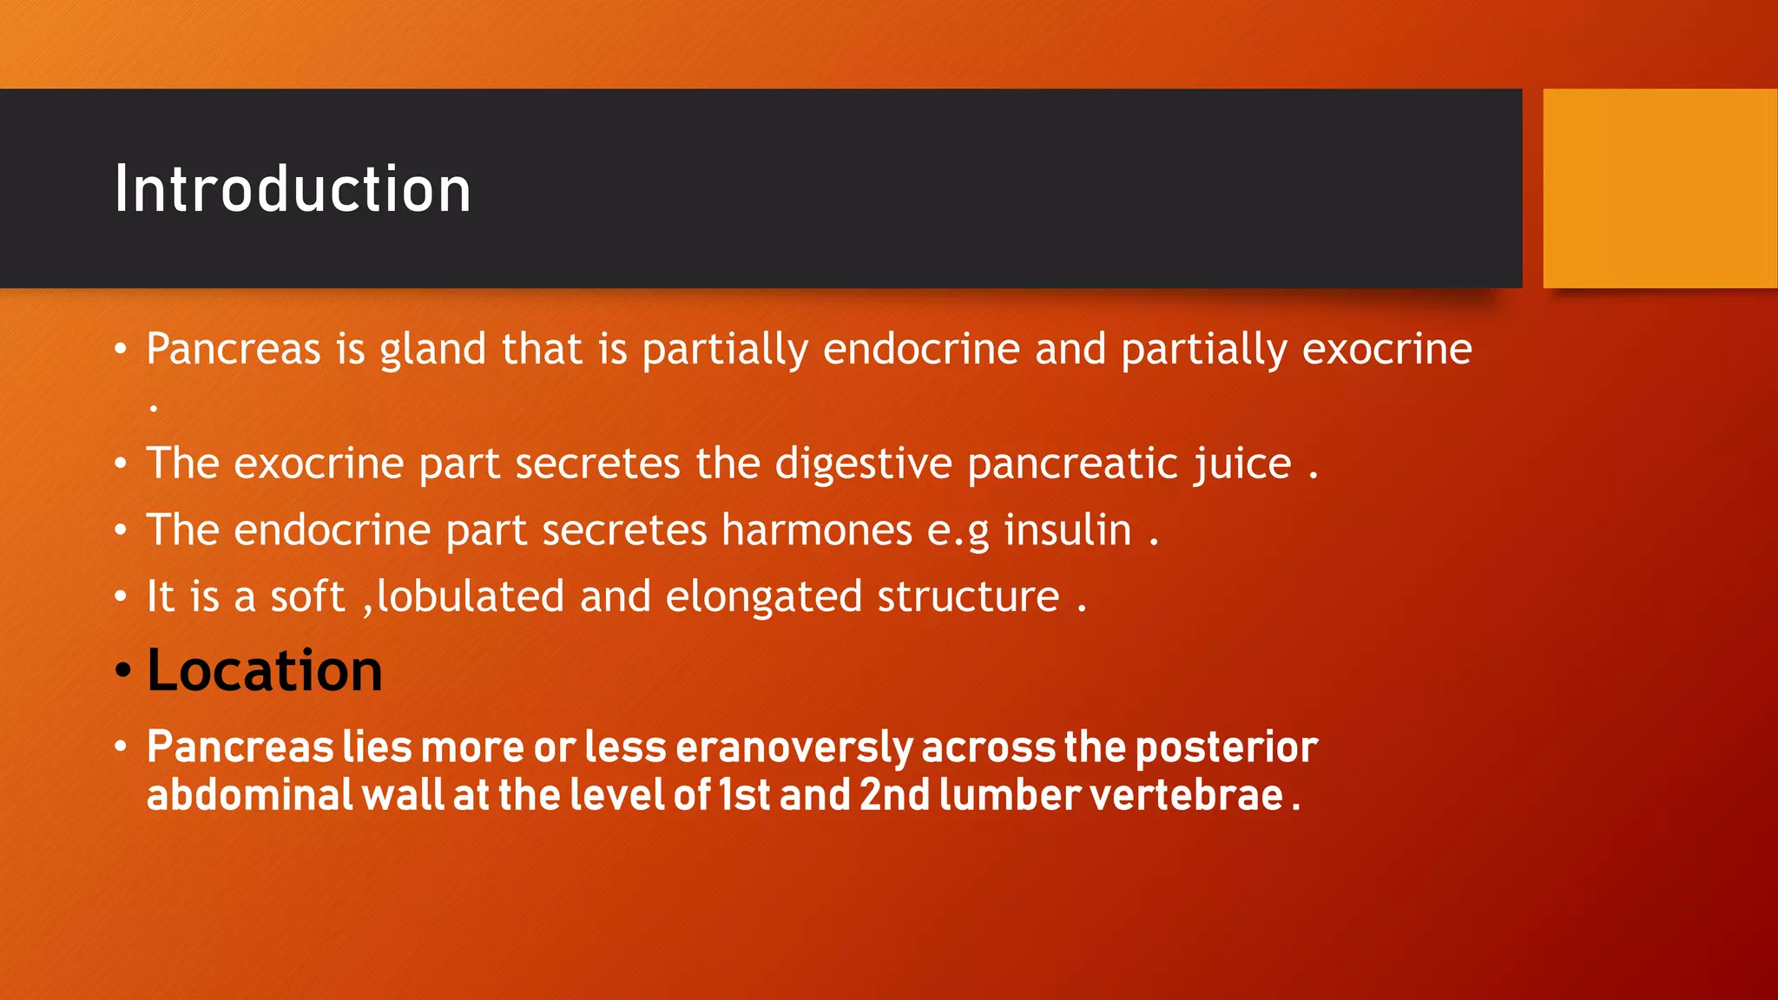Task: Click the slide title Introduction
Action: (x=293, y=189)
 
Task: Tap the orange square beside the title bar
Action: (x=1659, y=188)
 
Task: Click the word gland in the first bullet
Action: (x=432, y=350)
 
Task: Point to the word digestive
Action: (x=863, y=463)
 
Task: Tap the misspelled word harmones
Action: (x=816, y=530)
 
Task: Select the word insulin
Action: (x=1067, y=530)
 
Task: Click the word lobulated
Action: (x=471, y=596)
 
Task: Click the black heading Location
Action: (x=264, y=670)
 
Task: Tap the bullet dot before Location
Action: (x=122, y=671)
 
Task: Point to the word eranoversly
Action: (x=794, y=747)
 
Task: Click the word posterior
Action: (x=1226, y=747)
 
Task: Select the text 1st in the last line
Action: (x=744, y=795)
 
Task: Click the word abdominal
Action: (x=249, y=795)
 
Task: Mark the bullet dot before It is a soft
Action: (x=122, y=597)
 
